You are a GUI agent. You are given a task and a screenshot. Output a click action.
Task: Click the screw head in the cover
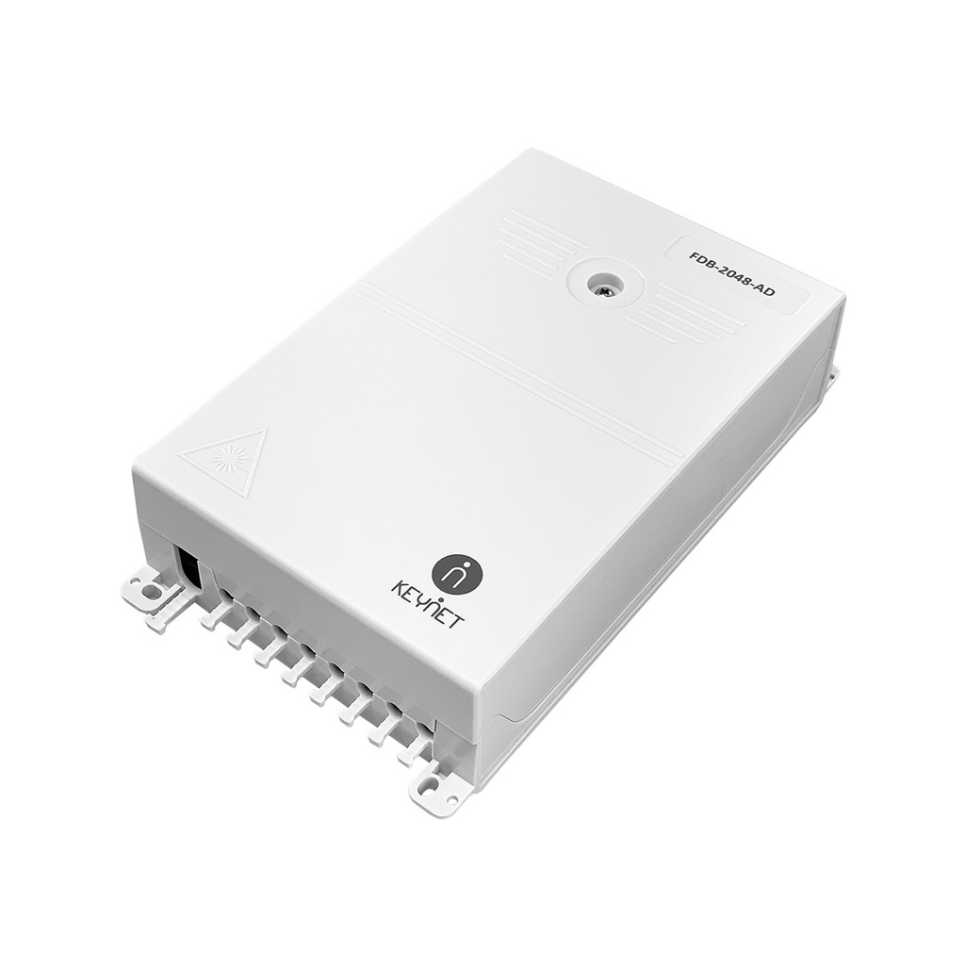[x=601, y=285]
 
